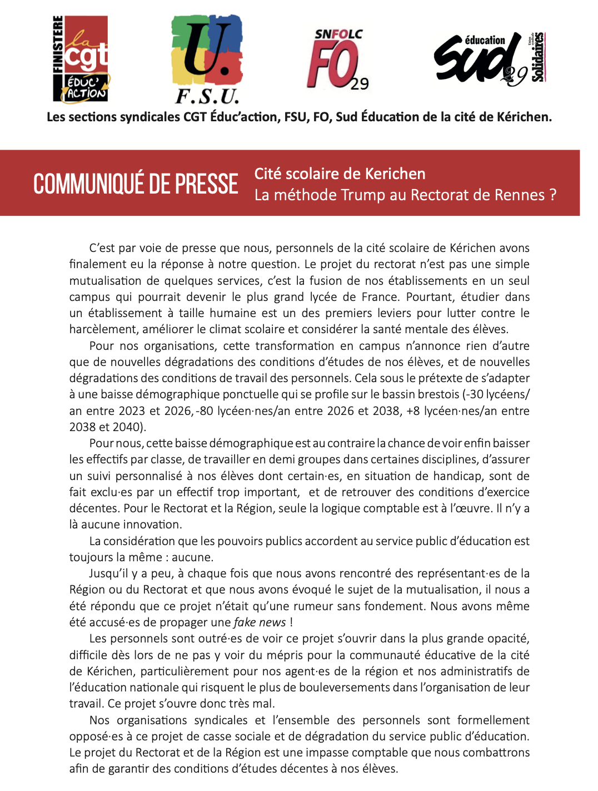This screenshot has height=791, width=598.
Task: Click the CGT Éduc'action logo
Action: pyautogui.click(x=81, y=59)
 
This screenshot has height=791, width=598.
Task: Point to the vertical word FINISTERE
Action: pyautogui.click(x=58, y=45)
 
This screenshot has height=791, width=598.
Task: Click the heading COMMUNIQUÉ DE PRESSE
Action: pyautogui.click(x=136, y=184)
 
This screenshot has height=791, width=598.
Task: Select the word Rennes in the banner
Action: pyautogui.click(x=521, y=195)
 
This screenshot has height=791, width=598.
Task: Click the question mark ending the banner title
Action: pyautogui.click(x=552, y=195)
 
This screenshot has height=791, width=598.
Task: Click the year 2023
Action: pyautogui.click(x=132, y=411)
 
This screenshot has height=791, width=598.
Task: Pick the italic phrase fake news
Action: pyautogui.click(x=260, y=622)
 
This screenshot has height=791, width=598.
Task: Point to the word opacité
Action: pyautogui.click(x=508, y=639)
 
